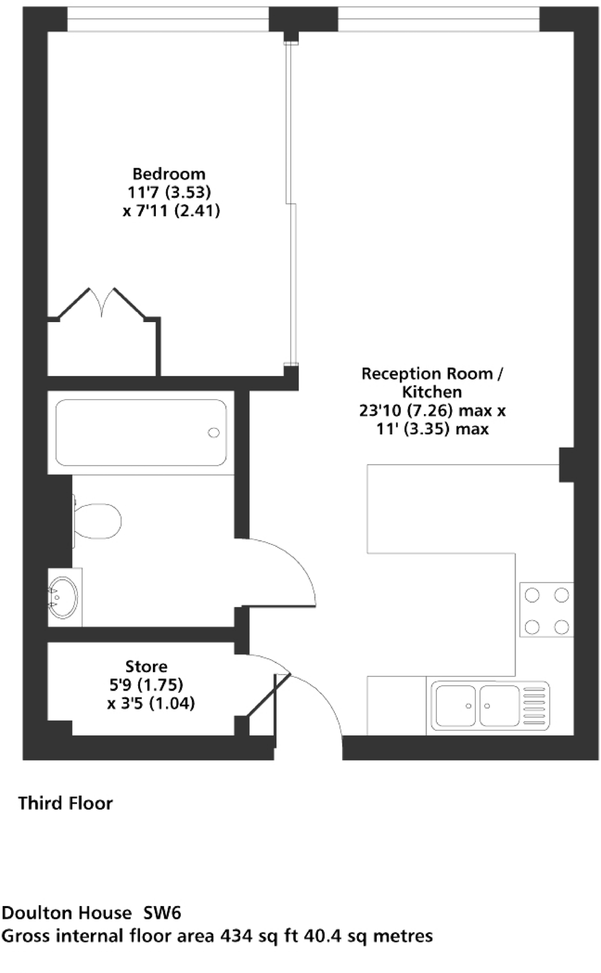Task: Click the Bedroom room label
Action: [169, 174]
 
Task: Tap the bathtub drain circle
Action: [214, 432]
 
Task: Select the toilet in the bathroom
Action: [97, 521]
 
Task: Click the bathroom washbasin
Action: [64, 597]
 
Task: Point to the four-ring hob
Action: [546, 610]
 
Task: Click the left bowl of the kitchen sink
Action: [455, 706]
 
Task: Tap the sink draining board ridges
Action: [535, 706]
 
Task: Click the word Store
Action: [146, 667]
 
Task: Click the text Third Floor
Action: [66, 803]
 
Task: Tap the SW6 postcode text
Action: [162, 913]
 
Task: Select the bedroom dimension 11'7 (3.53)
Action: [169, 192]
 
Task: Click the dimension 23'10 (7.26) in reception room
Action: [404, 410]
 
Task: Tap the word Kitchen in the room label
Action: [432, 392]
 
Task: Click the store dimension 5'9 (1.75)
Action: [146, 685]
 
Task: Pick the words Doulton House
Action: [66, 913]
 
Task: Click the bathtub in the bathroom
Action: [141, 432]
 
